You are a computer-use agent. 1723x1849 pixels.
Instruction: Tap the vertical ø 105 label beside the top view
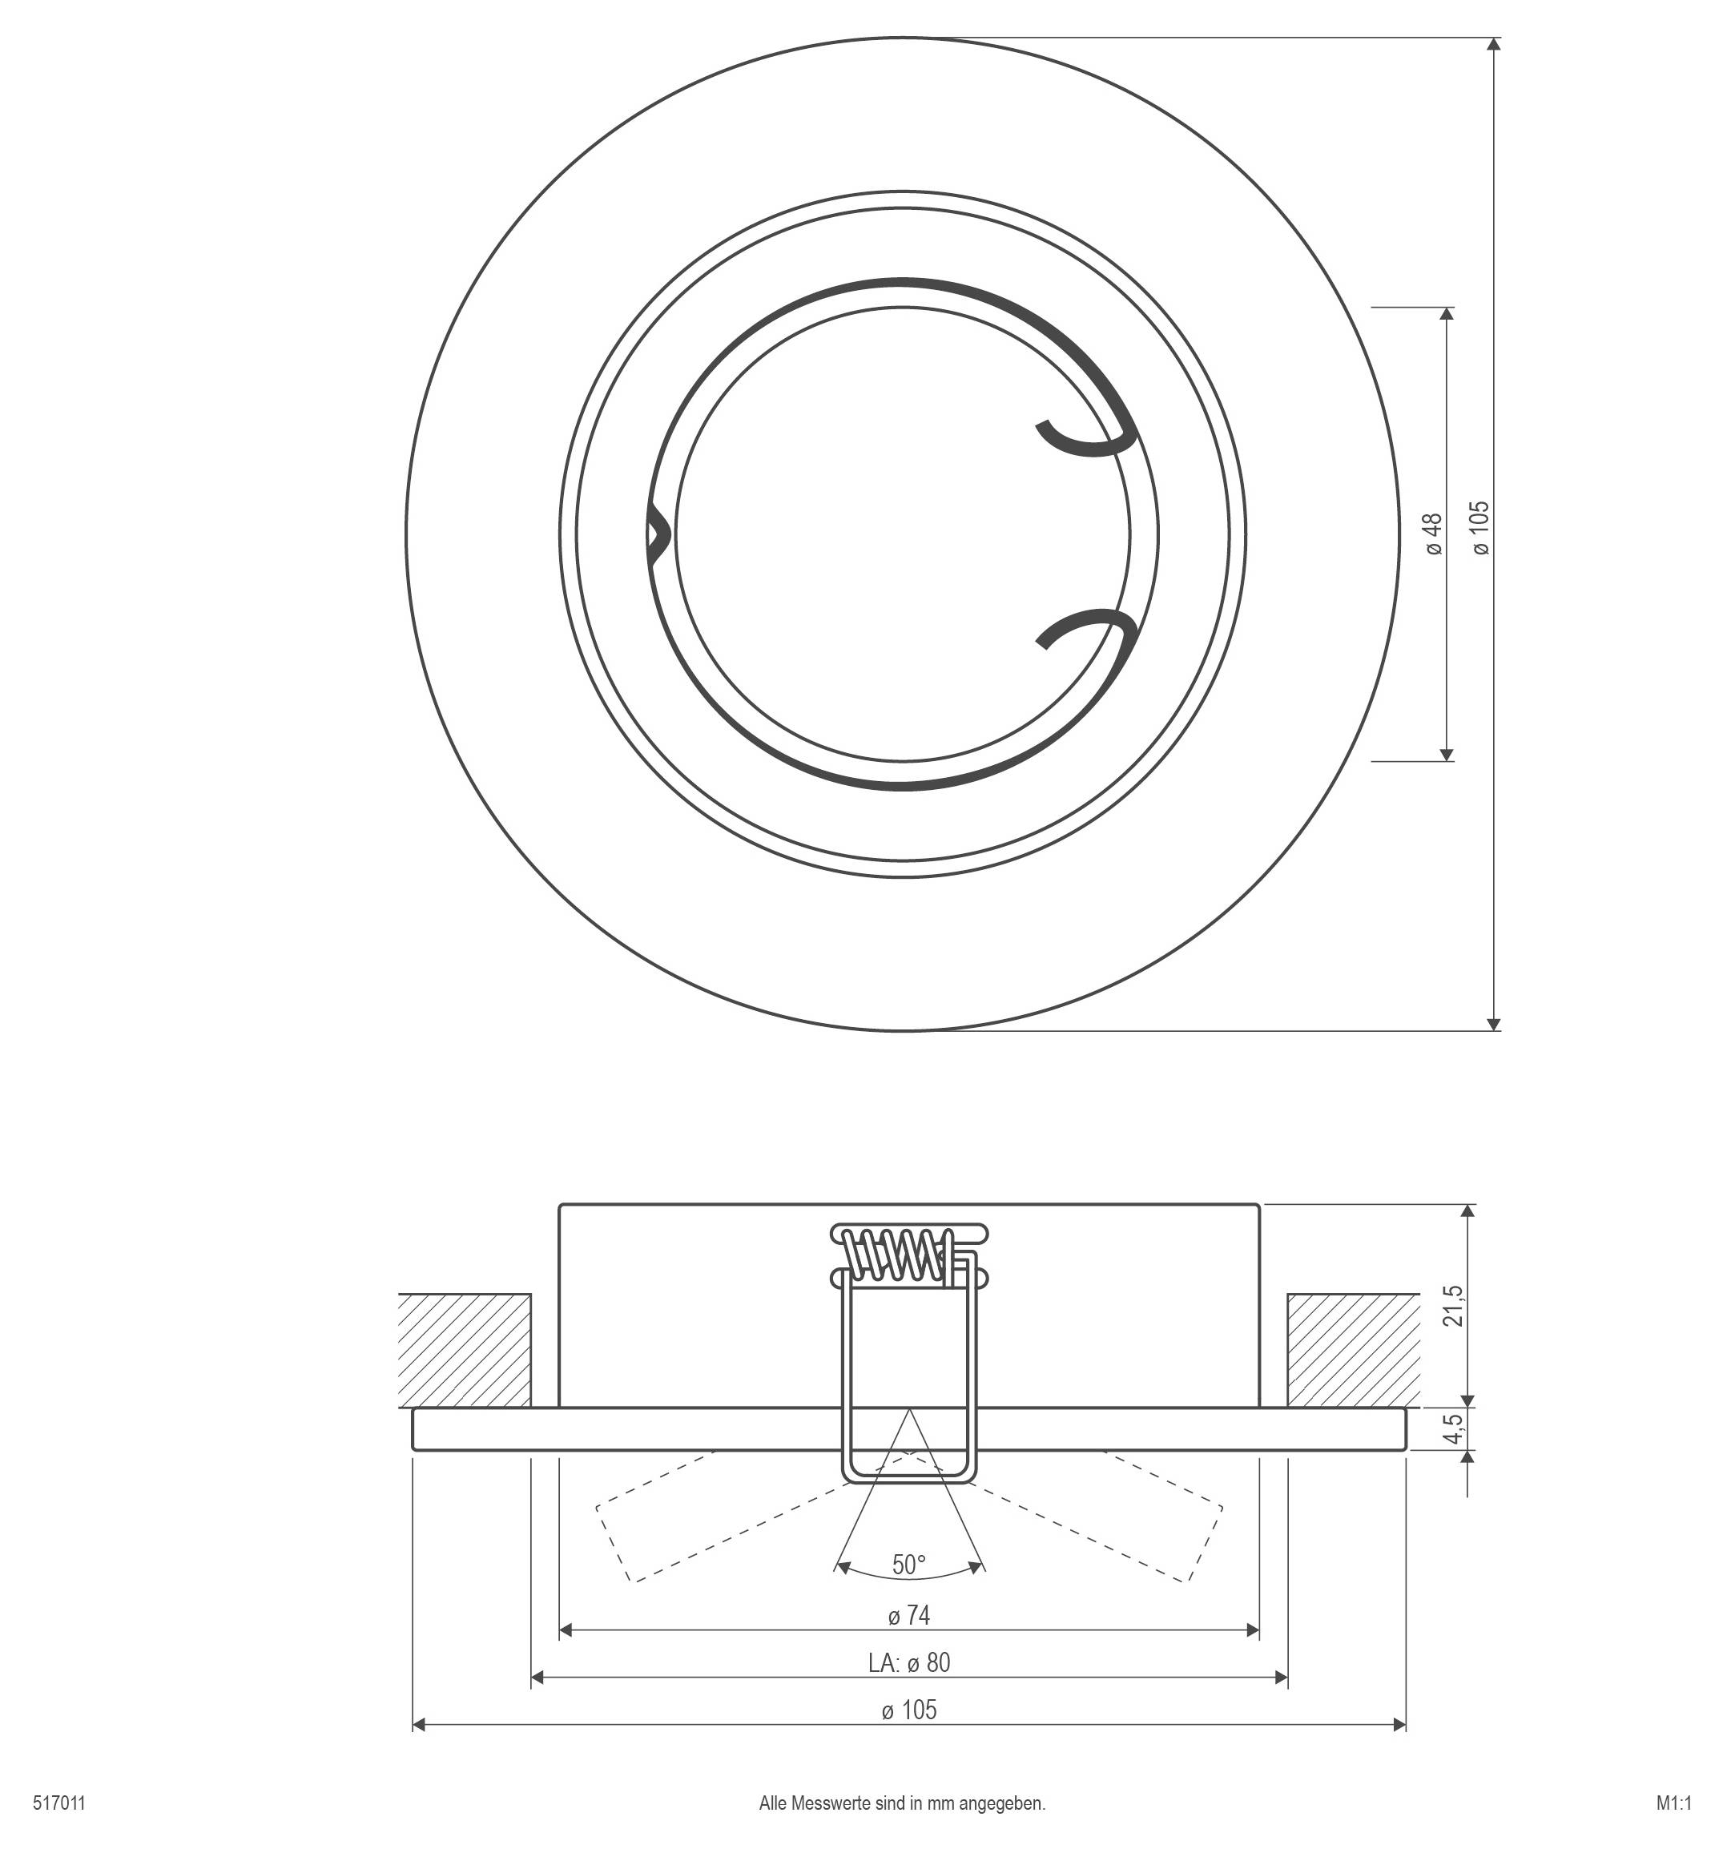1481,527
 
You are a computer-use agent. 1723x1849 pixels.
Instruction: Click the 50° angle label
908,1565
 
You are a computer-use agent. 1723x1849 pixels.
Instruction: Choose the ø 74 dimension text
908,1616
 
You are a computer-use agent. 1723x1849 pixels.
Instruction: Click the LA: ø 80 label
908,1662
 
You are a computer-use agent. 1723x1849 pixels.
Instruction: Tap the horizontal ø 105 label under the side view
908,1710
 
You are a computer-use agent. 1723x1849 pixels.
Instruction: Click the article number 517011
58,1803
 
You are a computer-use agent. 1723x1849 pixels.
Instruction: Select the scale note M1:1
1673,1803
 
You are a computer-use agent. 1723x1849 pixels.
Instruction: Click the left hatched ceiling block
464,1350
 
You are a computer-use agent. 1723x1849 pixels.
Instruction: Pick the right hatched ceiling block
1353,1350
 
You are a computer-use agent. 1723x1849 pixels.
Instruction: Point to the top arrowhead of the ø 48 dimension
1446,313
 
